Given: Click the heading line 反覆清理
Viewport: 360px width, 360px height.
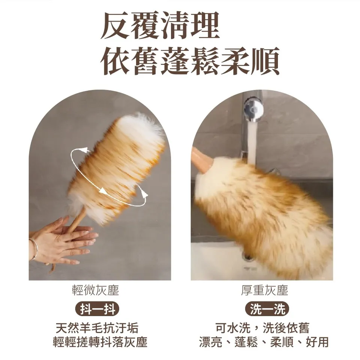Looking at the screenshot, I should [x=160, y=26].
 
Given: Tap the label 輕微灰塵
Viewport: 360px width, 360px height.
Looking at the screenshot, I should [x=95, y=290].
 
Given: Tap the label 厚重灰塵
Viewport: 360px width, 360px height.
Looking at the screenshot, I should [x=264, y=290].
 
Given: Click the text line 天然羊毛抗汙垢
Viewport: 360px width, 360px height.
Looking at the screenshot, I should [x=97, y=328].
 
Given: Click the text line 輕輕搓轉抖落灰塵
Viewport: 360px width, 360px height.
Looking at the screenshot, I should [x=100, y=342].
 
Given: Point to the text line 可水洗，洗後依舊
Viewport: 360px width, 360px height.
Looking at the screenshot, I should [x=262, y=328].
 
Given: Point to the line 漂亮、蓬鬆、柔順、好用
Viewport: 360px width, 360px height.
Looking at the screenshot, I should [x=264, y=342].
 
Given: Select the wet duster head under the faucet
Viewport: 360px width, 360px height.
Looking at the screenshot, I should [x=262, y=214].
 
